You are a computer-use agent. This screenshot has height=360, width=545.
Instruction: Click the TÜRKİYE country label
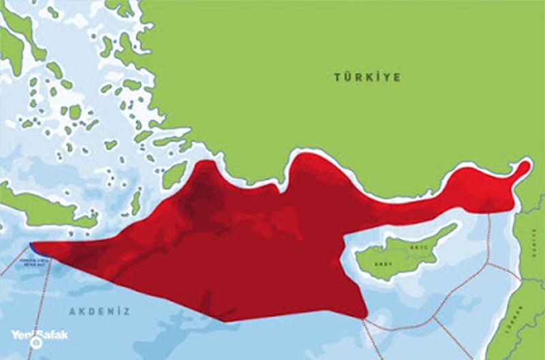pyautogui.click(x=367, y=77)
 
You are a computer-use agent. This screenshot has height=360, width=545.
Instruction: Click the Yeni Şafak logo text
pyautogui.click(x=39, y=335)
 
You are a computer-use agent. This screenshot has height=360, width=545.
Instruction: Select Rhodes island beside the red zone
pyautogui.click(x=174, y=173)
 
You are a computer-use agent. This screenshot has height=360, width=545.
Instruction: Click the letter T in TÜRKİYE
pyautogui.click(x=337, y=77)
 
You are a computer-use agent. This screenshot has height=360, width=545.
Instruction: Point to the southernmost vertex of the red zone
pyautogui.click(x=225, y=321)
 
